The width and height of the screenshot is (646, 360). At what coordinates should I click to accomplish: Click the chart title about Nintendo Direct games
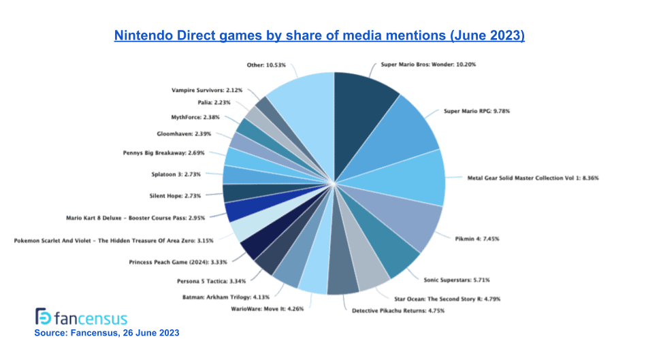[319, 35]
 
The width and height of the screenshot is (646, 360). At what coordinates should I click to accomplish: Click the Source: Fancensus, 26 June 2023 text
[106, 333]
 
